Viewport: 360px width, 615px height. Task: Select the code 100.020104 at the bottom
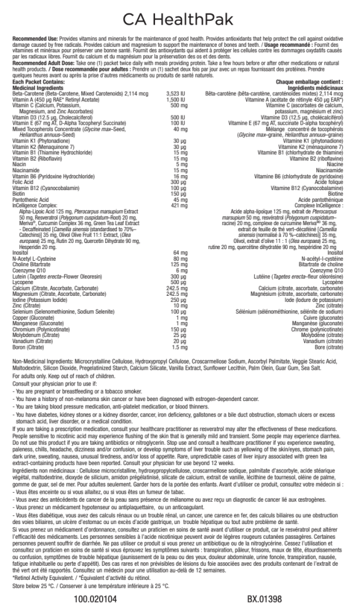pyautogui.click(x=95, y=598)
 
